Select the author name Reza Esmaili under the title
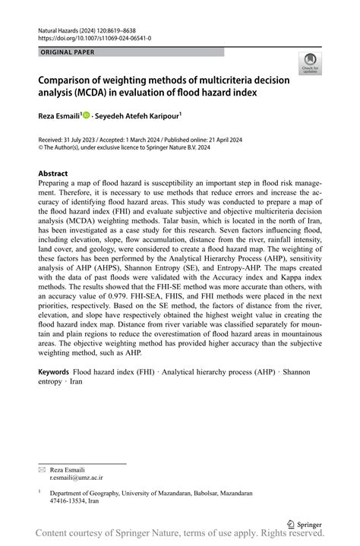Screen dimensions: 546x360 point(59,115)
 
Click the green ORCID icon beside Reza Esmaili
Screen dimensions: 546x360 point(87,115)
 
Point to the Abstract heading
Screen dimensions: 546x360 point(53,173)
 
